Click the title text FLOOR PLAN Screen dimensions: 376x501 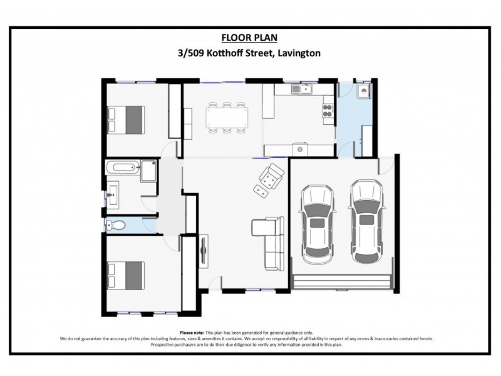(x=249, y=38)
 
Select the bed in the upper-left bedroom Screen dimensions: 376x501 (x=127, y=118)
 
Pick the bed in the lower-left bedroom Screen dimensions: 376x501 (x=127, y=274)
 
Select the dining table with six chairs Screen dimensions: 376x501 (x=227, y=117)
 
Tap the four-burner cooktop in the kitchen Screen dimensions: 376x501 (x=328, y=111)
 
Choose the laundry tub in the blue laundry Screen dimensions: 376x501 (x=362, y=93)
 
